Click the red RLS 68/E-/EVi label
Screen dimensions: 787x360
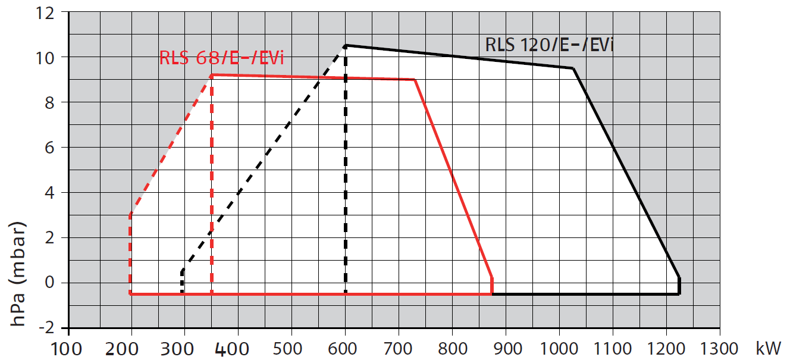click(221, 58)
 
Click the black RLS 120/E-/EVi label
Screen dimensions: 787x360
click(549, 45)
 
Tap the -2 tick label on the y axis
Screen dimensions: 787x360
click(47, 328)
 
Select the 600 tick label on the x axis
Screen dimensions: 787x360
click(342, 349)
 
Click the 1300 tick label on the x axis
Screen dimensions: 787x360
click(719, 349)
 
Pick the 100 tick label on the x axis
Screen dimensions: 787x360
click(67, 349)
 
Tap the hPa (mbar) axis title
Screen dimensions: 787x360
click(18, 274)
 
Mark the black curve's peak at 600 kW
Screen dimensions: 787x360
click(346, 45)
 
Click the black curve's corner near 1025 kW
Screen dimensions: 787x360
click(573, 68)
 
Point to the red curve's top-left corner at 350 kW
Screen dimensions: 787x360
click(212, 75)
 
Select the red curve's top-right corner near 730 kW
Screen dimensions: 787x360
click(415, 80)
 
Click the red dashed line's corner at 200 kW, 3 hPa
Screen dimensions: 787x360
click(130, 214)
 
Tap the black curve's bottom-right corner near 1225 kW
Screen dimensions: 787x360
click(679, 293)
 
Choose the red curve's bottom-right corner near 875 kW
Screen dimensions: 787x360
click(492, 293)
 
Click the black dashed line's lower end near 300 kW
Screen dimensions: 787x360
click(182, 293)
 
